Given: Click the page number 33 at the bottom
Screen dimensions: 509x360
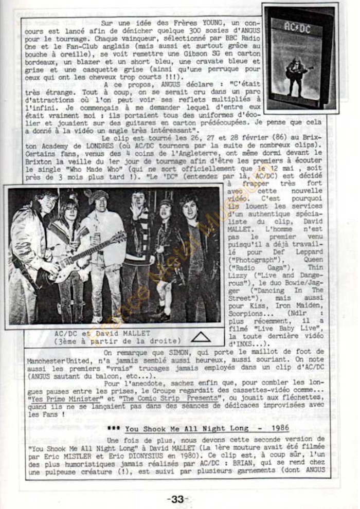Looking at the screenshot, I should coord(177,499).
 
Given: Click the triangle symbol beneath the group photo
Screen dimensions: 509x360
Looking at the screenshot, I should coord(200,337).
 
